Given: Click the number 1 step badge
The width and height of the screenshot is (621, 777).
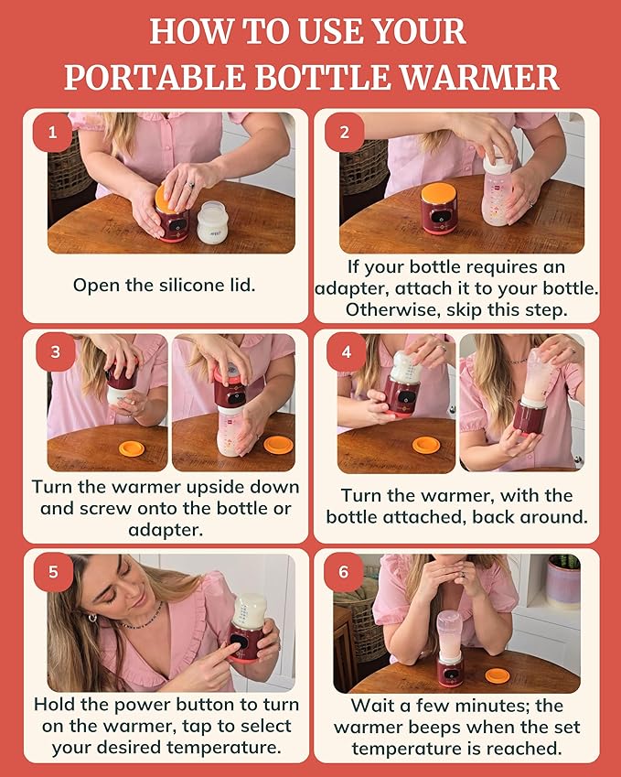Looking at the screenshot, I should (x=52, y=133).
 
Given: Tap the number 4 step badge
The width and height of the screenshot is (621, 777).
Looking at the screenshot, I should (x=346, y=352).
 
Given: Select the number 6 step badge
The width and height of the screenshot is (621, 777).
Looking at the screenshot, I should (x=344, y=572).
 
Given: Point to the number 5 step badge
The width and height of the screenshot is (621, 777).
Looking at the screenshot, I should (x=52, y=572).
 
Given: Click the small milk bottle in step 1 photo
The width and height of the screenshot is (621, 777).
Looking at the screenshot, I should (x=212, y=222).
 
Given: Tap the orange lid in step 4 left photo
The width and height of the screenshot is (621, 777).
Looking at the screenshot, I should (x=425, y=445).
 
